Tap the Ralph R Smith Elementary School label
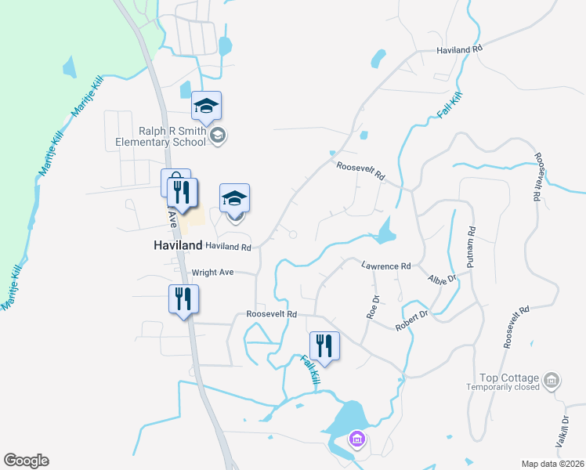161,137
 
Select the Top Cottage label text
515,377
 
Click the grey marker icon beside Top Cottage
552,381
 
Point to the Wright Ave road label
213,273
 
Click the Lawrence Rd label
385,266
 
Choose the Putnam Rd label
472,248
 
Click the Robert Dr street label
413,320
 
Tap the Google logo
26,461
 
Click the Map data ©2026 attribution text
552,464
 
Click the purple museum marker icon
357,439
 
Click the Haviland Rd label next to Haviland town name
228,247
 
